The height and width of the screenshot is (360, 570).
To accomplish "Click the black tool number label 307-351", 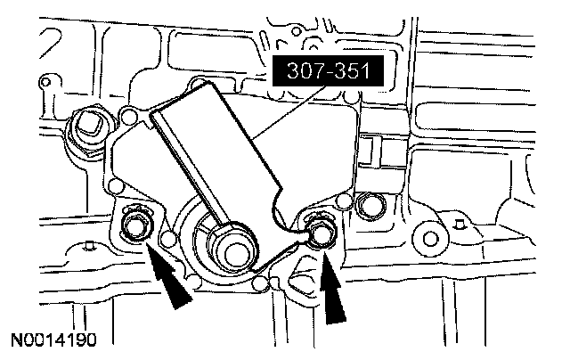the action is point(328,70).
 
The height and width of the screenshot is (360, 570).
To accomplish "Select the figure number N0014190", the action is point(54,340).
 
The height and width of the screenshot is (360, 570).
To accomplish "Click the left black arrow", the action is point(168,275).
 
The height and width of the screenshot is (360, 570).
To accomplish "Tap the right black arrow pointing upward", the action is point(332,287).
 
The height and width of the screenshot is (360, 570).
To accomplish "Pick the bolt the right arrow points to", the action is point(321,233).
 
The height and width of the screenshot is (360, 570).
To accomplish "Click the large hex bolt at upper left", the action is point(88,127).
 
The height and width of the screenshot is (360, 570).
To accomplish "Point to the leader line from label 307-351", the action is point(288,112).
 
